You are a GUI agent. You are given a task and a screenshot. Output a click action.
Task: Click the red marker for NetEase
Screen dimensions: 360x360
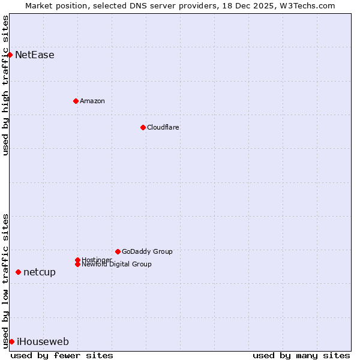point(10,55)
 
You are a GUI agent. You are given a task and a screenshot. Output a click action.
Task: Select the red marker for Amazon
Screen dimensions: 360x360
point(76,101)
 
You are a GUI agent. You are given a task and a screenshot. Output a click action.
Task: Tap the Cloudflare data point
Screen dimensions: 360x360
point(143,127)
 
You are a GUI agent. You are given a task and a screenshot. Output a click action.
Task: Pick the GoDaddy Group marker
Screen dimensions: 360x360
point(118,251)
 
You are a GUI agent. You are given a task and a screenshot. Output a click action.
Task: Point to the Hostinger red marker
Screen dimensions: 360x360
point(77,260)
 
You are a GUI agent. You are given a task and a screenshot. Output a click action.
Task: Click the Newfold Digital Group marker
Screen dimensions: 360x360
point(77,265)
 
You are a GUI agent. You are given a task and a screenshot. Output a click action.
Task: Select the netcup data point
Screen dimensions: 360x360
point(18,272)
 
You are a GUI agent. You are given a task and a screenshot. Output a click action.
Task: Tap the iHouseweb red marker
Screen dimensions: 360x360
point(11,341)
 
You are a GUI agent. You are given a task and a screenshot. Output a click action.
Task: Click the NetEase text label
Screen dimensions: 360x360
point(35,55)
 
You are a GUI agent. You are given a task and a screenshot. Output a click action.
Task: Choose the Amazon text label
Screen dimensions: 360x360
point(92,101)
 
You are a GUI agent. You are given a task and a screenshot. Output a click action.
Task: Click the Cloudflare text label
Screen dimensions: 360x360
point(163,127)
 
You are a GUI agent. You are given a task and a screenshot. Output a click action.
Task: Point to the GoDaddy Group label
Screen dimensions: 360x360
point(147,251)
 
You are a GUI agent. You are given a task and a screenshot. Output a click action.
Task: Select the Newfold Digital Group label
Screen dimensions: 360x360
point(117,265)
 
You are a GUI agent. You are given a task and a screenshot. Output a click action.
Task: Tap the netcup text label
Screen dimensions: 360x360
point(40,272)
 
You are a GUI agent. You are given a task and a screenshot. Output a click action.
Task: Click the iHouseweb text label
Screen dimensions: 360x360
point(43,342)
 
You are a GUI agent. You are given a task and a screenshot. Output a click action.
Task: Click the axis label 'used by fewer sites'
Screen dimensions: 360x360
point(62,355)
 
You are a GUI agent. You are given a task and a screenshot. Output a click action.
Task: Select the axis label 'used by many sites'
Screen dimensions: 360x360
point(301,355)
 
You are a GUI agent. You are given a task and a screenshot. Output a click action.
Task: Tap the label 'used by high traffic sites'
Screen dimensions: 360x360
point(5,85)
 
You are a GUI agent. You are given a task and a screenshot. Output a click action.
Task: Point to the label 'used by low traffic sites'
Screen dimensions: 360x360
point(5,280)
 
